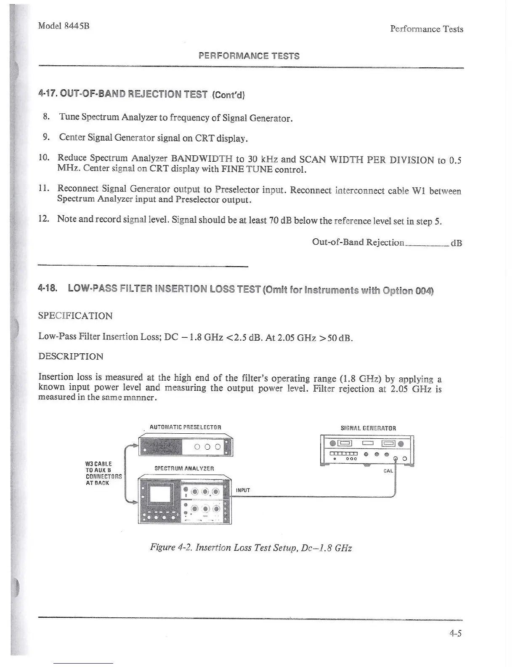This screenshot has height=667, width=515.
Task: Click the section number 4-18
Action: (47, 289)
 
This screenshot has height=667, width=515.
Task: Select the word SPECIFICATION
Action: (75, 316)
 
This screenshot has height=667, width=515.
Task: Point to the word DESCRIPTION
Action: (71, 356)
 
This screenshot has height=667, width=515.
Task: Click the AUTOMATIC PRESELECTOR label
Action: (185, 427)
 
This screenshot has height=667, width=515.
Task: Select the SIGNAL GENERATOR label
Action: (368, 428)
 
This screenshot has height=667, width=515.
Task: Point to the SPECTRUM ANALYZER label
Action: (185, 468)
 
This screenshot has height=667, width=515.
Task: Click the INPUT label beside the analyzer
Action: (243, 490)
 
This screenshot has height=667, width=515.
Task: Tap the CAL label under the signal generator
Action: (388, 471)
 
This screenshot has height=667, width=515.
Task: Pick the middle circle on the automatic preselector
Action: (207, 447)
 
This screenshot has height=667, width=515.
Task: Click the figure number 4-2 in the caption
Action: (185, 548)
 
